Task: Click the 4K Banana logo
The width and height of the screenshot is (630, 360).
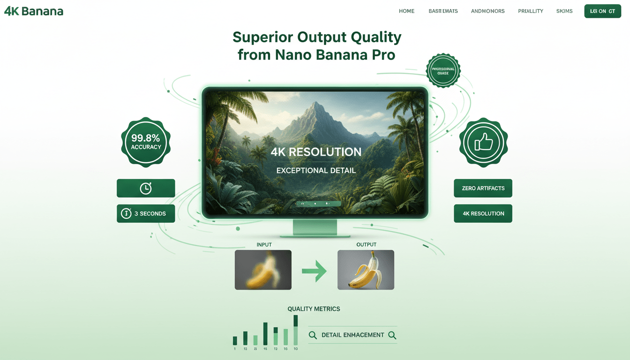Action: (34, 11)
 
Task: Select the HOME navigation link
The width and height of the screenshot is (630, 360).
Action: (406, 11)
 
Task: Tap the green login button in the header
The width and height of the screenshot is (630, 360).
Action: (602, 11)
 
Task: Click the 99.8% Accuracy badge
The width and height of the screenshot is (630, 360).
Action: (146, 142)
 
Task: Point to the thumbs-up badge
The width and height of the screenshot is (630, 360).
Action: (483, 142)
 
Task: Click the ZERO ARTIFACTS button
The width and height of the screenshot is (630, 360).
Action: (483, 188)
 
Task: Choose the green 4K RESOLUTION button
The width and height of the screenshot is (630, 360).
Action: (483, 213)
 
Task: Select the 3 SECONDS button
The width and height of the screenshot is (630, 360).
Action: (146, 213)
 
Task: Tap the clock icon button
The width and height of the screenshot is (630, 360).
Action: (146, 188)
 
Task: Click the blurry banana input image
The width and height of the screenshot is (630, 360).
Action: (263, 270)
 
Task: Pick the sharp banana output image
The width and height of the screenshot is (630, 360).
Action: (366, 270)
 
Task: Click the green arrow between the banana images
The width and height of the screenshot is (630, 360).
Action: (314, 271)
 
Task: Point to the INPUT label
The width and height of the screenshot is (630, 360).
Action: (264, 245)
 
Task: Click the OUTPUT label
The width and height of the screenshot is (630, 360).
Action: (366, 245)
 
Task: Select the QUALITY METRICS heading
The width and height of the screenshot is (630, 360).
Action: (314, 309)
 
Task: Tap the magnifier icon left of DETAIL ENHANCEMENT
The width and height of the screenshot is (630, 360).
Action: (313, 335)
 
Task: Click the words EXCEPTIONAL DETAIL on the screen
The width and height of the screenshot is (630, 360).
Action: (316, 171)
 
